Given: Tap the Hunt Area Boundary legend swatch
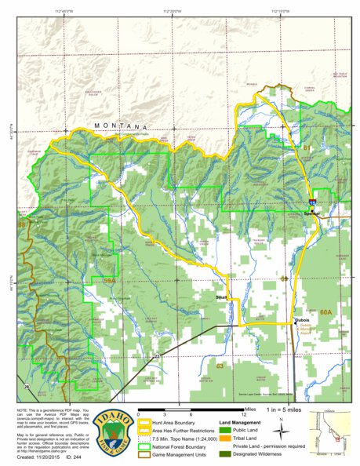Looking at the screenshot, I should (x=144, y=422).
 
